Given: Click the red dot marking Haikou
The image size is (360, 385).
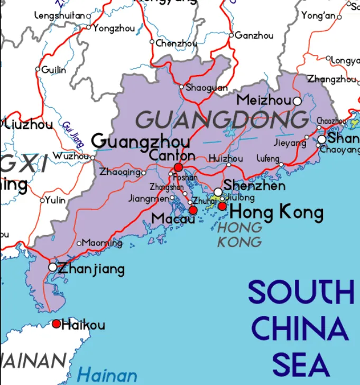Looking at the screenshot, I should [x=56, y=324].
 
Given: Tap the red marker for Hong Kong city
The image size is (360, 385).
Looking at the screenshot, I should [x=223, y=206].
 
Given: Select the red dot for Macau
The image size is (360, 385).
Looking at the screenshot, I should [x=193, y=210].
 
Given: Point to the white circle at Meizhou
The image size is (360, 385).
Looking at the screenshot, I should [x=297, y=100].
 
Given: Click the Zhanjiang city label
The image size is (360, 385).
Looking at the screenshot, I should [x=91, y=269].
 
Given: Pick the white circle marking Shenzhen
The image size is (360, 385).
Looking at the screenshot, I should [x=218, y=192].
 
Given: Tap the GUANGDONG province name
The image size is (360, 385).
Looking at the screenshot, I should [x=222, y=120].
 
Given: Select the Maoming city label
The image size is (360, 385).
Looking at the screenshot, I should [x=103, y=243].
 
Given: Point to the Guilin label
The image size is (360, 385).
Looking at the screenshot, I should [x=54, y=70].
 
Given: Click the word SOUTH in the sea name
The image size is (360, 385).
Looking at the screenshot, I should [x=301, y=292].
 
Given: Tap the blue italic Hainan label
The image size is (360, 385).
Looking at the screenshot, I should [x=107, y=376].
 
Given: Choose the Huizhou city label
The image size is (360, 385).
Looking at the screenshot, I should [x=226, y=158].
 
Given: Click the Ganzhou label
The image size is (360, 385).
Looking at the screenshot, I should [x=254, y=35].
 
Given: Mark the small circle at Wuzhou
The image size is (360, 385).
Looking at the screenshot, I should [x=93, y=157].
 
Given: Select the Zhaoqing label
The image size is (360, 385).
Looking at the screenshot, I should [x=120, y=172].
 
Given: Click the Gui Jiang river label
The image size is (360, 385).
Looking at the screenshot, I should [x=73, y=133].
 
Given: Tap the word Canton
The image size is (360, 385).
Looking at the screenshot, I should [x=172, y=156].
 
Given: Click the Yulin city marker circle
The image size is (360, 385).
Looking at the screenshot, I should [x=42, y=200].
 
